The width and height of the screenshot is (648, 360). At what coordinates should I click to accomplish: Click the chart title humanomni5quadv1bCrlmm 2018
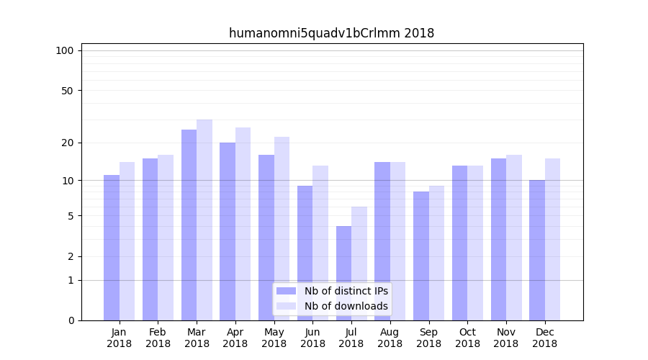[x=331, y=33]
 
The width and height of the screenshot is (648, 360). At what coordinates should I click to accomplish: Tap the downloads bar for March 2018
[x=204, y=220]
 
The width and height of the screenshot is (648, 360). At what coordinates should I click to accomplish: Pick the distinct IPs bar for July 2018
[x=343, y=273]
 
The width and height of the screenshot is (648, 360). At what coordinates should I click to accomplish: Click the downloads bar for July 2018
[x=359, y=264]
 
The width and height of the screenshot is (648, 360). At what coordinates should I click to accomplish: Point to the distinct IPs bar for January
[x=112, y=248]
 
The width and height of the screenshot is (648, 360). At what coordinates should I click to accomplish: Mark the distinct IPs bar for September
[x=421, y=256]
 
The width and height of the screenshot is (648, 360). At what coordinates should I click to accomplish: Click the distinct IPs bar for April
[x=228, y=231]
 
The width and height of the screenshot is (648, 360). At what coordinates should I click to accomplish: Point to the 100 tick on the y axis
[x=65, y=50]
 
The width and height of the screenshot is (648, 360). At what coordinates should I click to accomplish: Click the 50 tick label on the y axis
[x=67, y=91]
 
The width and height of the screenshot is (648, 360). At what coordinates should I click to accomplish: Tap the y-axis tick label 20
[x=67, y=143]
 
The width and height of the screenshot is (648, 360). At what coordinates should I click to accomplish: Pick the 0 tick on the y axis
[x=71, y=320]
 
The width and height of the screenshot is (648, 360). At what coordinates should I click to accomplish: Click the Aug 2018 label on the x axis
[x=390, y=338]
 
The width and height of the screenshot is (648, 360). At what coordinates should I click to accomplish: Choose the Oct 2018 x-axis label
[x=467, y=338]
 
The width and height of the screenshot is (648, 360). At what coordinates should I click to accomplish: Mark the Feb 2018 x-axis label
[x=158, y=338]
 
